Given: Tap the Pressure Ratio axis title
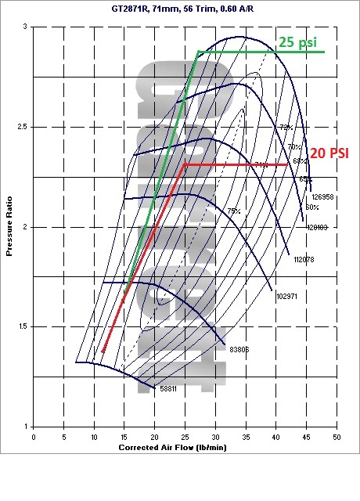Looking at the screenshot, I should pos(10,227).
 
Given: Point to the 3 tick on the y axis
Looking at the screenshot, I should pos(25,27).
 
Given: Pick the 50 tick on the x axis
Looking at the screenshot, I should pos(337,436).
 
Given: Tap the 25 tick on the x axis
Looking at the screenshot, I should pos(185,436).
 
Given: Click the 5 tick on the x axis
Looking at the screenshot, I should pos(63,436).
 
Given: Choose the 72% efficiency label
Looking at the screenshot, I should pos(286,127).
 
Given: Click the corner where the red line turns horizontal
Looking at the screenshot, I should pos(183,164).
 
